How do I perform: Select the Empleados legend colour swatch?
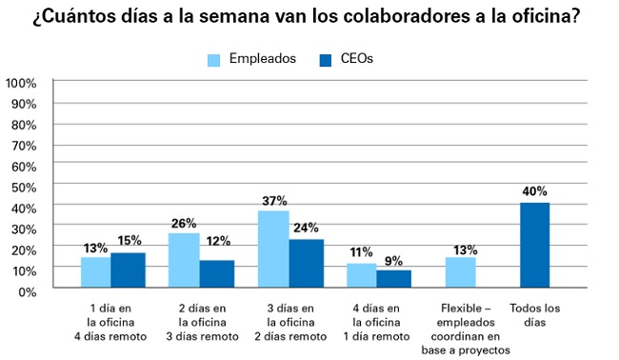214,60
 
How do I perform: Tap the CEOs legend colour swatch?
324,60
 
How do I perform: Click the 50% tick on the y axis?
24,187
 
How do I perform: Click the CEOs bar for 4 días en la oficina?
393,279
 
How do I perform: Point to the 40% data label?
534,190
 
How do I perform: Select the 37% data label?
273,200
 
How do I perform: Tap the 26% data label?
184,223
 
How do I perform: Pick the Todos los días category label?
536,315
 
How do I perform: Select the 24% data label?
307,228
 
